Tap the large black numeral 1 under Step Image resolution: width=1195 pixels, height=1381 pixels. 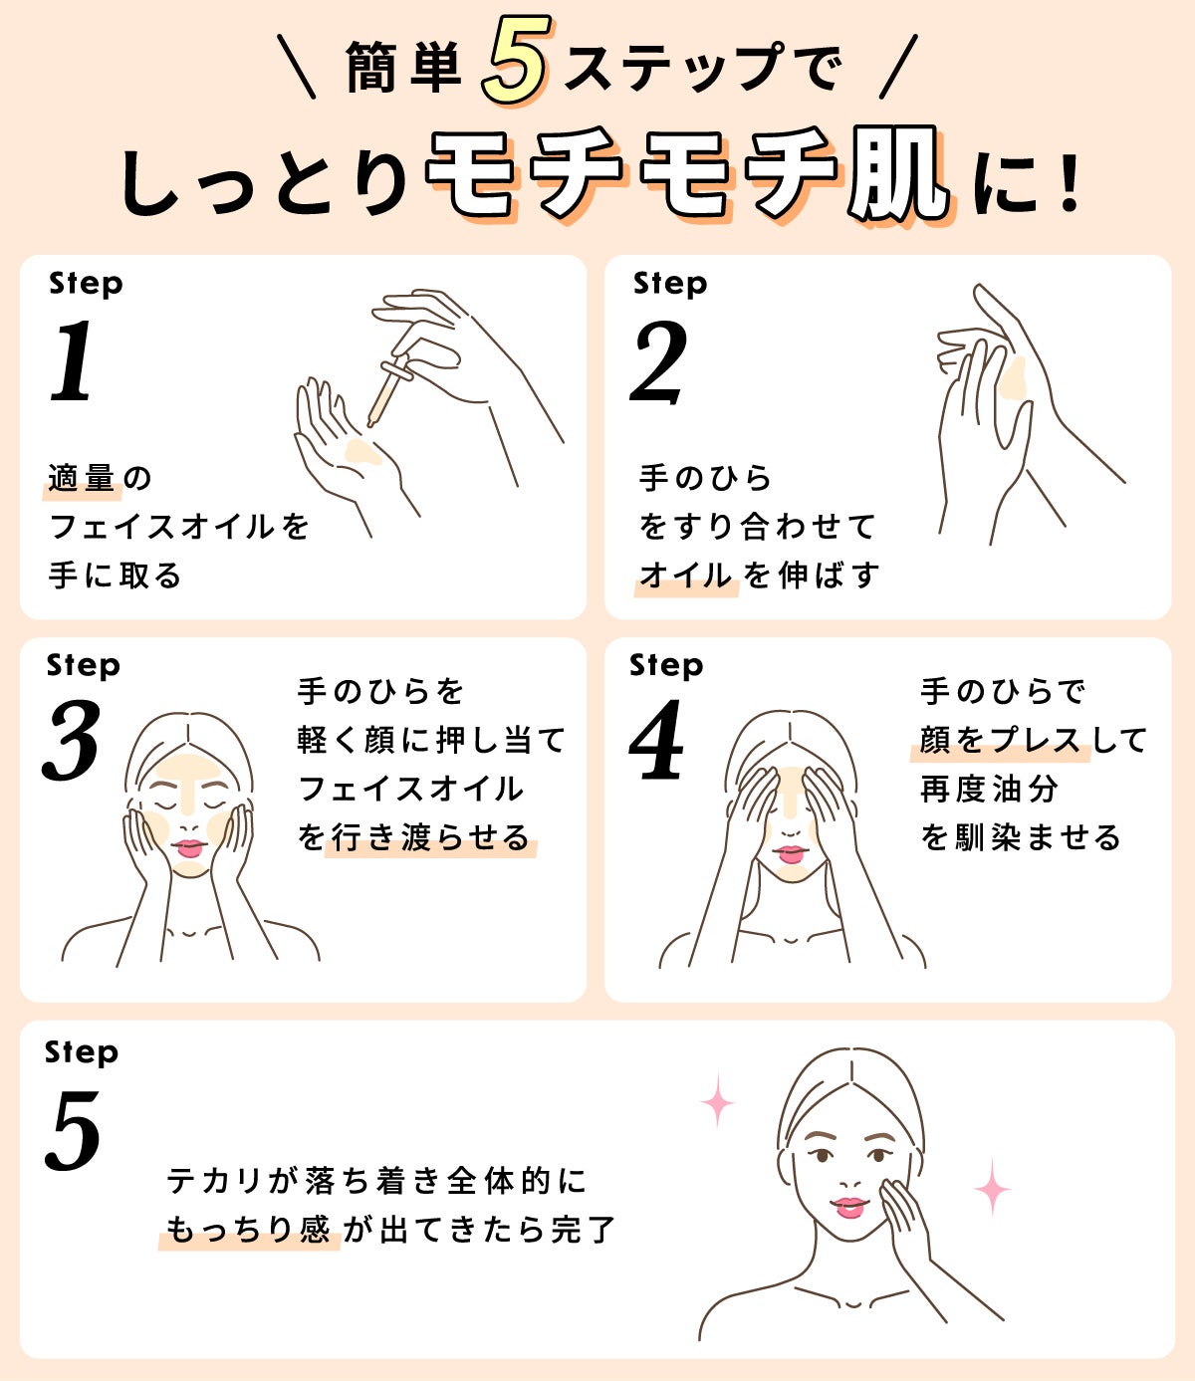coord(73,361)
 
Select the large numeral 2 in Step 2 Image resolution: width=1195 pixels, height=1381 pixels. coord(659,363)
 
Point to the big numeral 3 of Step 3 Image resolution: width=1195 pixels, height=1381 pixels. coord(72,741)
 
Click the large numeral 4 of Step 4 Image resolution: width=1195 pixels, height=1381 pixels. coord(657,741)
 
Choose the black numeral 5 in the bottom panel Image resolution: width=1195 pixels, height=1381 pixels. coord(74,1131)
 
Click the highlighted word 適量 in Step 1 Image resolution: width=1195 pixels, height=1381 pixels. coord(82,479)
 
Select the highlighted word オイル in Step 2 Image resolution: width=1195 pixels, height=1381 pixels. coord(685,575)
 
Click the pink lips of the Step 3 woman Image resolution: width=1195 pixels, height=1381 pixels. coord(188,848)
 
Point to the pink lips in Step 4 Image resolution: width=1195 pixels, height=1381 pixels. coord(791,853)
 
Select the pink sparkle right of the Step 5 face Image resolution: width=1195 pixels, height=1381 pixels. coord(991,1187)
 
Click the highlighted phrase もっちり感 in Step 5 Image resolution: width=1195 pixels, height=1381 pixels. coord(248,1230)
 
